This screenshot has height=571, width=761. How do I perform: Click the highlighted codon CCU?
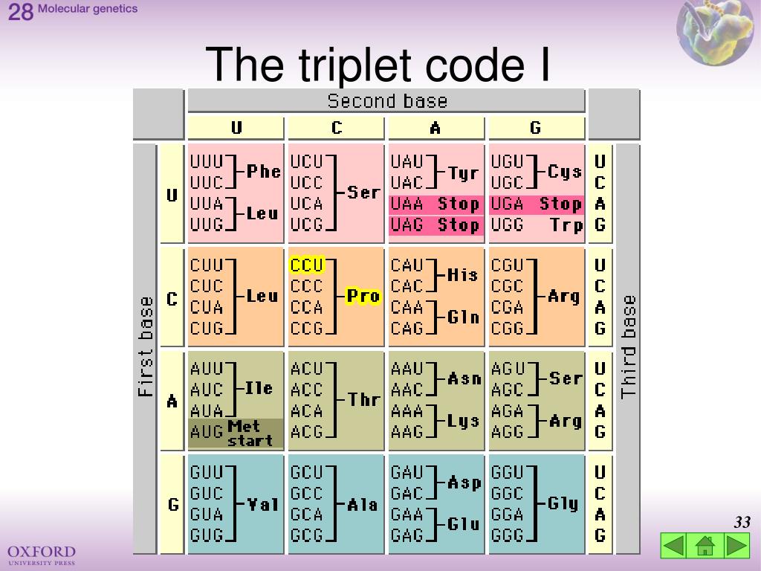[307, 265]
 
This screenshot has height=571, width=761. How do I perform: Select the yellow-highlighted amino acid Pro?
[363, 296]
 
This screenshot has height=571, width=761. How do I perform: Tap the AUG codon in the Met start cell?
[207, 431]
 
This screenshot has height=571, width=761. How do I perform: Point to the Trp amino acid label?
[567, 225]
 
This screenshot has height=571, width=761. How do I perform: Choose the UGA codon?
[508, 204]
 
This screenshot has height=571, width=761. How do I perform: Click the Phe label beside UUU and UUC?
[264, 172]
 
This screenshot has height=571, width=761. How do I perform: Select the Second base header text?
[387, 101]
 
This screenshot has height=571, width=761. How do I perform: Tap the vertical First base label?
[146, 347]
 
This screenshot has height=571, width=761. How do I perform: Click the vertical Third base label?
[629, 347]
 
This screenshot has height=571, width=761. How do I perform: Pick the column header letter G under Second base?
[536, 129]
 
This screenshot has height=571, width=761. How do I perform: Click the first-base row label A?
[172, 401]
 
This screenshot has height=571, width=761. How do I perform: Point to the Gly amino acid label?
[563, 503]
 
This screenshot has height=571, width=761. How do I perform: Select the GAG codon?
[407, 535]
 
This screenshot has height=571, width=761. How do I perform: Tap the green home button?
[705, 546]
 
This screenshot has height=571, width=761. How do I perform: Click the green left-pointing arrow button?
[673, 546]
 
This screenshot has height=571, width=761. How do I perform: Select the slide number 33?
[742, 523]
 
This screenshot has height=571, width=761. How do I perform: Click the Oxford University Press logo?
[42, 555]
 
